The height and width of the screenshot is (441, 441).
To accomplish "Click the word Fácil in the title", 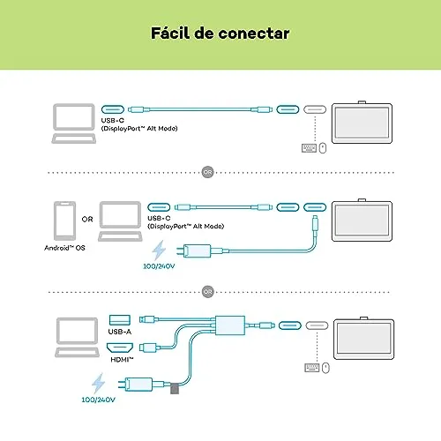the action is [x=170, y=33].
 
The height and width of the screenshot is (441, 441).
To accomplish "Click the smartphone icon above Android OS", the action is [x=64, y=220].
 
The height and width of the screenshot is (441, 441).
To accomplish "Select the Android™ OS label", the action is [x=64, y=248].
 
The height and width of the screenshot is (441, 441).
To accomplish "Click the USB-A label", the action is [x=120, y=332].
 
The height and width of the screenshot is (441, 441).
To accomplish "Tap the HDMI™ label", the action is [x=122, y=359].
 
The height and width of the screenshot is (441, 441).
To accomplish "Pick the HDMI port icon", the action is [x=120, y=348].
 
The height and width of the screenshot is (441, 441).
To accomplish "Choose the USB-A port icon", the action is [x=120, y=320].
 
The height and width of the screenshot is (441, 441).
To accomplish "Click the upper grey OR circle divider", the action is [x=207, y=172].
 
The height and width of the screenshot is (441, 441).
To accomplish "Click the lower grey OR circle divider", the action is [x=208, y=292].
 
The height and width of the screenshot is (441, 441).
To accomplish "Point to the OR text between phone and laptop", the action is [x=87, y=220].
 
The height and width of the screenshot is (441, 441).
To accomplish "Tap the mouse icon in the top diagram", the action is [x=323, y=148].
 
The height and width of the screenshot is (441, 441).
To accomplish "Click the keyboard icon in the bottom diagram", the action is [x=312, y=368].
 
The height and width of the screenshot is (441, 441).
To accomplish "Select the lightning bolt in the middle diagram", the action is [x=159, y=250].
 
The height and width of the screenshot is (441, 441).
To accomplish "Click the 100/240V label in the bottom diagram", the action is [x=98, y=400].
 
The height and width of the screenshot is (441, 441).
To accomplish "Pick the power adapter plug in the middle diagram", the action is [x=194, y=250].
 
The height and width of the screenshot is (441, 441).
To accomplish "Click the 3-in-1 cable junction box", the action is [x=230, y=325].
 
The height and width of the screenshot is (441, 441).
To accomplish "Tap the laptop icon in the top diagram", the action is [x=74, y=123].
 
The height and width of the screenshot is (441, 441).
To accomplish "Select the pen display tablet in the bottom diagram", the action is [x=364, y=339].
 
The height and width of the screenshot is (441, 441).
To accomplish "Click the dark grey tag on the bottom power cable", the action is [x=175, y=388].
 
